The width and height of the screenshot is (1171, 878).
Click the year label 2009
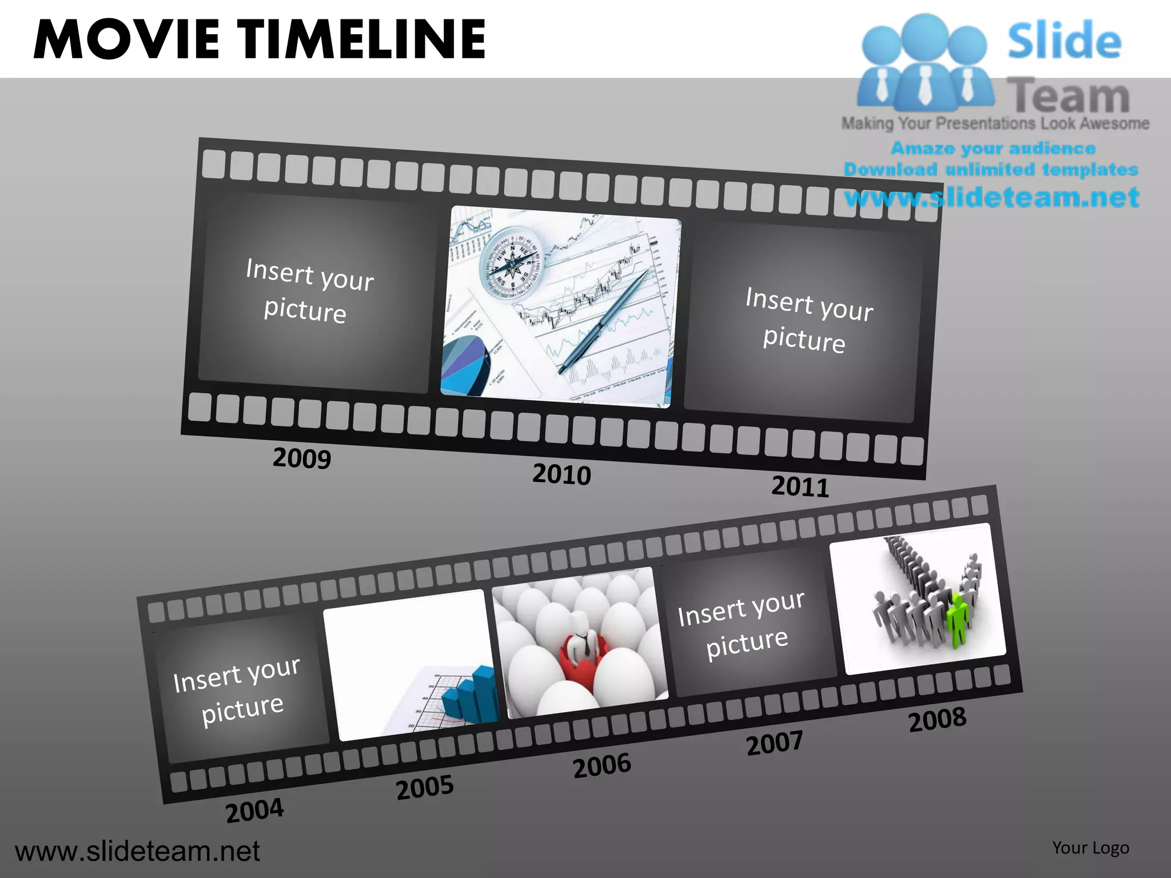click(302, 458)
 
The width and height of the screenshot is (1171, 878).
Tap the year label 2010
click(561, 474)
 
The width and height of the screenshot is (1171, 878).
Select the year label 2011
click(800, 486)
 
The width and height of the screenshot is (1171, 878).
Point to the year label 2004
click(254, 811)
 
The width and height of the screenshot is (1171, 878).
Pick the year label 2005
click(425, 788)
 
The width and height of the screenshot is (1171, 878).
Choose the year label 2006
click(602, 766)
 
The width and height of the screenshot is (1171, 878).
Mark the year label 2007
click(775, 743)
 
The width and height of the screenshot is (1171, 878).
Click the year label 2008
click(938, 720)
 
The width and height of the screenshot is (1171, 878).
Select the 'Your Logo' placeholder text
click(1090, 848)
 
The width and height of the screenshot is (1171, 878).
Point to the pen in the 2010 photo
click(603, 322)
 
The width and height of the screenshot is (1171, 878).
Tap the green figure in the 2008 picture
click(957, 620)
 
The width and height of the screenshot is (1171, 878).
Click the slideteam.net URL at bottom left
click(137, 851)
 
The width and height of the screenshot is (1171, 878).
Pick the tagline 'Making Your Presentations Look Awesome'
click(995, 123)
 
